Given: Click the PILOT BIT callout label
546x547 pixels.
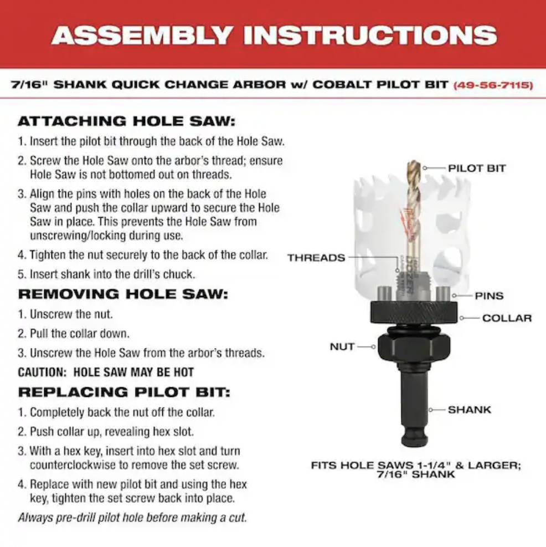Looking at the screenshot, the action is click(477, 168).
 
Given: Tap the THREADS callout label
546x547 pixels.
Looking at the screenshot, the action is click(316, 258).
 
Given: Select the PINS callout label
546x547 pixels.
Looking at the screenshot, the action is click(489, 296).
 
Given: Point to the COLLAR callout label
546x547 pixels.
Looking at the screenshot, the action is click(507, 318).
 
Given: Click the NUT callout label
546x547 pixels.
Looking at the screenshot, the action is click(342, 347).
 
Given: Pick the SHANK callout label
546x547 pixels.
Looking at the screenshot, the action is click(469, 410).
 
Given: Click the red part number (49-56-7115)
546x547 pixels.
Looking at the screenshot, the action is click(493, 85).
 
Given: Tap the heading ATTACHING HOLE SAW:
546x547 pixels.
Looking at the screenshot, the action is click(127, 121).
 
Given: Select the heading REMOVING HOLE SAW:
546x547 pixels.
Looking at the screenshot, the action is click(123, 294).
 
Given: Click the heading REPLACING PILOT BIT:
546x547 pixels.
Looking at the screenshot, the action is click(124, 392).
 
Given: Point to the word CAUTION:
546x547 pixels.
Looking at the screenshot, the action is click(42, 372).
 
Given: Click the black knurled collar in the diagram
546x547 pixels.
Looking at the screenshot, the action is click(414, 312).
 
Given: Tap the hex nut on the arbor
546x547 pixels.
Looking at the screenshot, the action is click(414, 345).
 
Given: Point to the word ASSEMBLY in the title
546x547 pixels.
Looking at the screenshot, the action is click(142, 35).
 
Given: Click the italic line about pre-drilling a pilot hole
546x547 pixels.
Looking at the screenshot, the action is click(132, 517).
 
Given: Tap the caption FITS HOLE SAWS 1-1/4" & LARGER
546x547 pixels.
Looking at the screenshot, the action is click(416, 466).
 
